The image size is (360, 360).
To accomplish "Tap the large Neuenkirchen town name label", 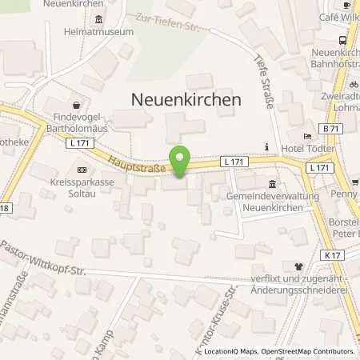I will point(186,99).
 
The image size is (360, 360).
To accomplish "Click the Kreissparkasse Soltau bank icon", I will point(82,170).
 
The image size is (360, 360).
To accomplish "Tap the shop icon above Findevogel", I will point(76,104).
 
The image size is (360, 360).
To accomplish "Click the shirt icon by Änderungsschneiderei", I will point(298,267).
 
